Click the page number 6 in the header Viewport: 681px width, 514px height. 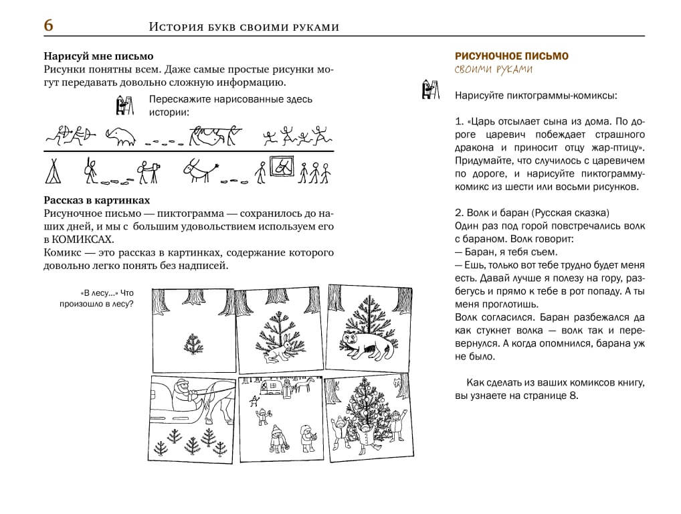click(x=48, y=25)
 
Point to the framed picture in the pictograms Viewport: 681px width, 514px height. click(x=282, y=167)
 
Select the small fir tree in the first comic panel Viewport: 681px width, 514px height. click(x=193, y=345)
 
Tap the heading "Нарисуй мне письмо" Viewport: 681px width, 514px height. click(x=98, y=56)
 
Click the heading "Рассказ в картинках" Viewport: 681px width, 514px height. click(x=97, y=200)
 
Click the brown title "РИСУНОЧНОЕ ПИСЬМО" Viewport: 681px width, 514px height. click(x=511, y=56)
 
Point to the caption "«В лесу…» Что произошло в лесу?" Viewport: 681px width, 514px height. click(x=106, y=298)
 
